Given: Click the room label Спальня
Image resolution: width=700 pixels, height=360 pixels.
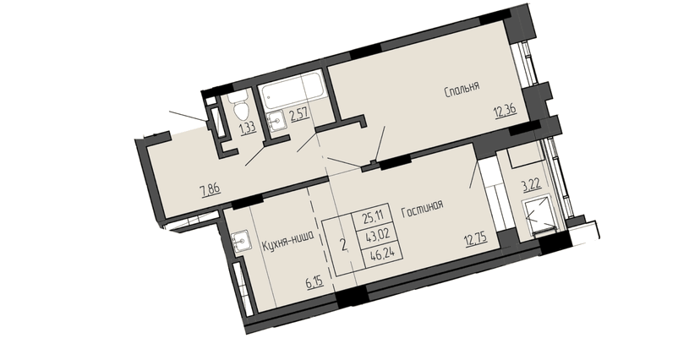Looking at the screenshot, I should tap(462, 87).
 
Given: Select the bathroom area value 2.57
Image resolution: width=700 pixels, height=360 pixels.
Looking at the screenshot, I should tap(298, 116).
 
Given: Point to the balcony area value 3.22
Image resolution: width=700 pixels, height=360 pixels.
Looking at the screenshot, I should tap(530, 183).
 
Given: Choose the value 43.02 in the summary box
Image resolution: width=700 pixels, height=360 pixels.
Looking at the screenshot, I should tap(373, 235).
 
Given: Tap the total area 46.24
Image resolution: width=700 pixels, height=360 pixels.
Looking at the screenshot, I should tap(373, 251).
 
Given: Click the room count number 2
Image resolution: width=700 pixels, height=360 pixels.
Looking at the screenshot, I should tap(342, 246).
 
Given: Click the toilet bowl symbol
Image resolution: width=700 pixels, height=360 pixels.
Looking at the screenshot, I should tap(240, 107).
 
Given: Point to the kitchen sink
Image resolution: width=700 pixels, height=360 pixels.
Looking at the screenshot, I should tap(241, 241).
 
